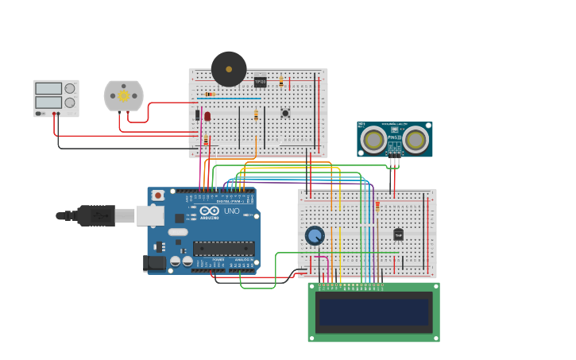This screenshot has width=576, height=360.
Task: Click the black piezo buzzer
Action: (x=229, y=69)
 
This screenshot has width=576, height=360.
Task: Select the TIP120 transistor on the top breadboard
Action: (x=260, y=81)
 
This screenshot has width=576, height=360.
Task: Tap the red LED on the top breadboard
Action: (x=207, y=116)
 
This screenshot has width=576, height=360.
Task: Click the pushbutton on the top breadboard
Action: (x=285, y=113)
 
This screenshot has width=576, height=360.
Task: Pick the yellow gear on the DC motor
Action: (x=123, y=95)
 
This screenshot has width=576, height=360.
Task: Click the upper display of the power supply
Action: (x=48, y=88)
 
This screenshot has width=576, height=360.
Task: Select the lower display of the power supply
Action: (x=48, y=103)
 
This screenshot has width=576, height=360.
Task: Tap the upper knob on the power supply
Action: (x=70, y=88)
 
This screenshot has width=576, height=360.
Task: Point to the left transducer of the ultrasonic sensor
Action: (x=373, y=140)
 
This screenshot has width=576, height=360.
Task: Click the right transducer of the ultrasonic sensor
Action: (x=415, y=140)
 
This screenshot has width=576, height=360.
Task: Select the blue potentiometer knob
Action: (x=315, y=235)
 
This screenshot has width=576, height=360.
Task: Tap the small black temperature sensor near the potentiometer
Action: (x=398, y=234)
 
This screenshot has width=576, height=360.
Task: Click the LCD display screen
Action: (x=374, y=312)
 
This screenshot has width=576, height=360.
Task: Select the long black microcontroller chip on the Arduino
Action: (x=224, y=248)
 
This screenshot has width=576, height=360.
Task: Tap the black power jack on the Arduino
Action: (x=156, y=262)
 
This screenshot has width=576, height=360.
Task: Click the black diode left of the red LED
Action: (x=198, y=115)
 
